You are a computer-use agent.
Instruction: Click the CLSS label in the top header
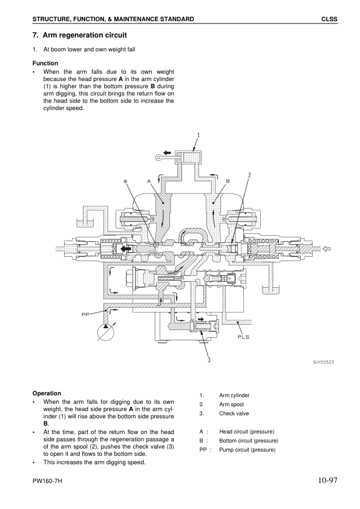pyautogui.click(x=329, y=20)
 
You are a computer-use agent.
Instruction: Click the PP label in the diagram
pyautogui.click(x=85, y=314)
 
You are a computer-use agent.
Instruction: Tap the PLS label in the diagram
pyautogui.click(x=243, y=337)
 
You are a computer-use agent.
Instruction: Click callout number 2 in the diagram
pyautogui.click(x=249, y=175)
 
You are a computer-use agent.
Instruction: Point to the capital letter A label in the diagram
pyautogui.click(x=148, y=181)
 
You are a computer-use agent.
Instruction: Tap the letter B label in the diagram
pyautogui.click(x=228, y=181)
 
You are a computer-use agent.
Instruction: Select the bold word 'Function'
pyautogui.click(x=45, y=63)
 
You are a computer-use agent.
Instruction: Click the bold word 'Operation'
pyautogui.click(x=47, y=393)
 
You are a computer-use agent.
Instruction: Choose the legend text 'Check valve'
pyautogui.click(x=234, y=413)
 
